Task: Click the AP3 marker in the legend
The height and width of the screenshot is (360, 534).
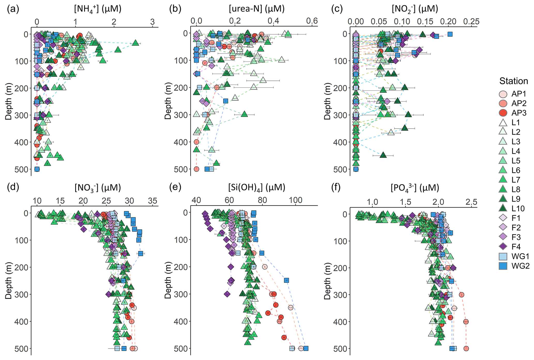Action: point(503,113)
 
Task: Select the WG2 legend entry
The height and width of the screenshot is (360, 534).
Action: point(503,266)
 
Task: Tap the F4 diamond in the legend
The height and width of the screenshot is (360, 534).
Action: point(503,247)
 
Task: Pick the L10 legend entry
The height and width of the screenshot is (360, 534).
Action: point(503,209)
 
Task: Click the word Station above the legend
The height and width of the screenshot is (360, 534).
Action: point(513,81)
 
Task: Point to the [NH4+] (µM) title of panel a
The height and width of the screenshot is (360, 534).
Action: point(98,9)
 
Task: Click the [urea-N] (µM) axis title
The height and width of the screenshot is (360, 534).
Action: point(257,9)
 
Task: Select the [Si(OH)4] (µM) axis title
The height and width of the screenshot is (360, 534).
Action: point(257,187)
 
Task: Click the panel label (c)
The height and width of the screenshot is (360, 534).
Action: point(337,9)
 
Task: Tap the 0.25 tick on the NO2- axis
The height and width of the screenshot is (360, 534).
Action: point(471,21)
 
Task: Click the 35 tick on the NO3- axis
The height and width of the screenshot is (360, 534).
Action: point(153,201)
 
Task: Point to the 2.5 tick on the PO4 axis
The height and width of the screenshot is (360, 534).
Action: point(471,202)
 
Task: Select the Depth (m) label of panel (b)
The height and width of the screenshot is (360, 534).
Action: point(168,101)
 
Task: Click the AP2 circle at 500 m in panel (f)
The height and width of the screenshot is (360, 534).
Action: point(466,349)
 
